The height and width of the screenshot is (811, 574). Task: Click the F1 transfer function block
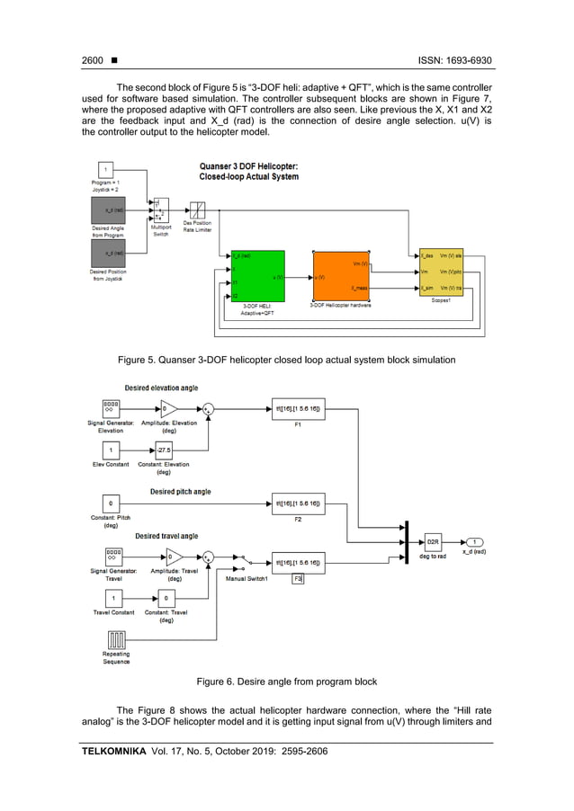click(298, 409)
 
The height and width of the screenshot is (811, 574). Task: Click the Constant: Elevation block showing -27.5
click(164, 450)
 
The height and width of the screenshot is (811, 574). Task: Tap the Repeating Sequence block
click(115, 639)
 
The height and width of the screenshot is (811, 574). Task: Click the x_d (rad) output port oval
click(475, 542)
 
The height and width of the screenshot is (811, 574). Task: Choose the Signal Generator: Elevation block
click(112, 409)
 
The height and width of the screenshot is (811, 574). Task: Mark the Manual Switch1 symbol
click(242, 560)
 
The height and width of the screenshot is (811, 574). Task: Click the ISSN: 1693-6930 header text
click(455, 60)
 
